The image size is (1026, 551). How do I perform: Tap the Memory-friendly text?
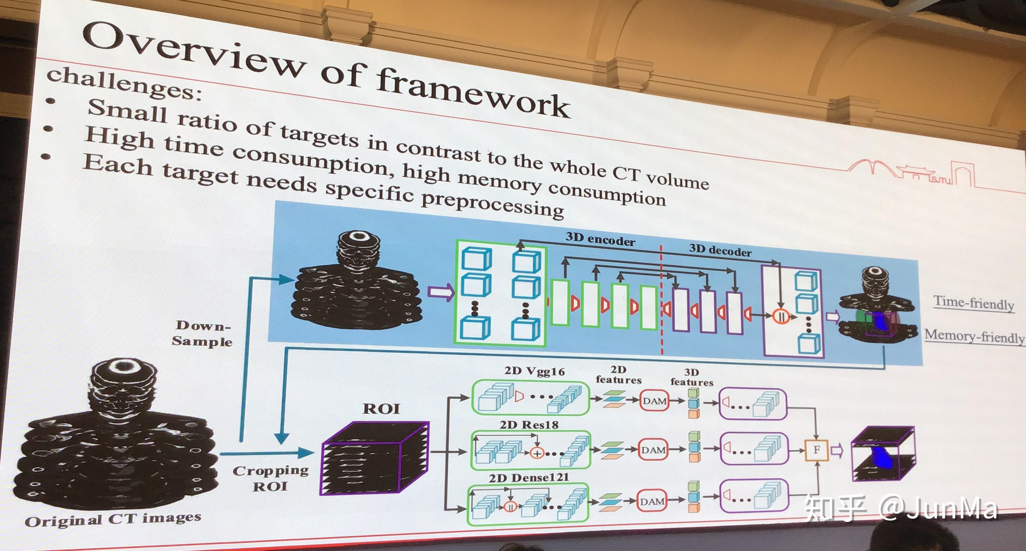[974, 336]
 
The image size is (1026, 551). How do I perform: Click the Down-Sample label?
[202, 333]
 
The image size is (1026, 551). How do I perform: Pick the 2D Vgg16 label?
[535, 371]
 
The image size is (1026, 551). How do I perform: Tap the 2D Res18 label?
[529, 425]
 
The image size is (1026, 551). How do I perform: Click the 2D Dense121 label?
[529, 477]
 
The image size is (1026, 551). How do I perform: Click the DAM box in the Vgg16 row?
[655, 401]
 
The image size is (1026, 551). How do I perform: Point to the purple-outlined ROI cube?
[374, 458]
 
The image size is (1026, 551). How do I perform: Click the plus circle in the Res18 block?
[537, 453]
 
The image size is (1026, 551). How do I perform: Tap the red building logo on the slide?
[912, 173]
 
